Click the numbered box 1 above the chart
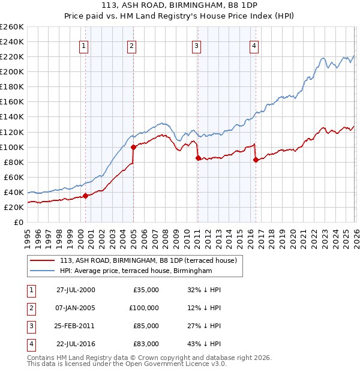pyautogui.click(x=83, y=46)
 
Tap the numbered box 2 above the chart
pyautogui.click(x=131, y=46)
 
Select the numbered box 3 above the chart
pyautogui.click(x=196, y=46)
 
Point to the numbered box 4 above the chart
pyautogui.click(x=254, y=46)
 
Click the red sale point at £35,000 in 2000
pyautogui.click(x=85, y=196)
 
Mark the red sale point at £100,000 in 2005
pyautogui.click(x=133, y=146)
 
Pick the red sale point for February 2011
pyautogui.click(x=198, y=158)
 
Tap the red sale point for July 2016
pyautogui.click(x=256, y=160)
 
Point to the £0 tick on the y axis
pyautogui.click(x=19, y=222)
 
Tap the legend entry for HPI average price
pyautogui.click(x=136, y=271)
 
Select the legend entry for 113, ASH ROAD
pyautogui.click(x=148, y=260)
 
